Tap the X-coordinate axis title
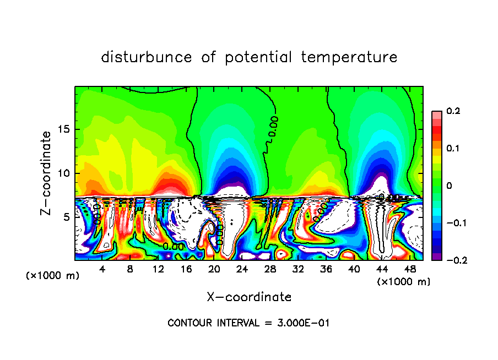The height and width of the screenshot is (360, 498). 249,297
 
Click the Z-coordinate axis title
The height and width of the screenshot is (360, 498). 46,173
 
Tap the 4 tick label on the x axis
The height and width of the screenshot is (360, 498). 102,270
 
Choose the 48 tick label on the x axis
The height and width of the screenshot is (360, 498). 409,270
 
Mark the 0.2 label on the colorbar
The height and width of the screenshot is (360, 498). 453,111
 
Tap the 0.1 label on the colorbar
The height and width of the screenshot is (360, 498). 453,149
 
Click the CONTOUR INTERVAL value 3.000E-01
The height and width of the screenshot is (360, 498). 303,323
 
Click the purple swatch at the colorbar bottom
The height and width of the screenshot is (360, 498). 436,256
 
